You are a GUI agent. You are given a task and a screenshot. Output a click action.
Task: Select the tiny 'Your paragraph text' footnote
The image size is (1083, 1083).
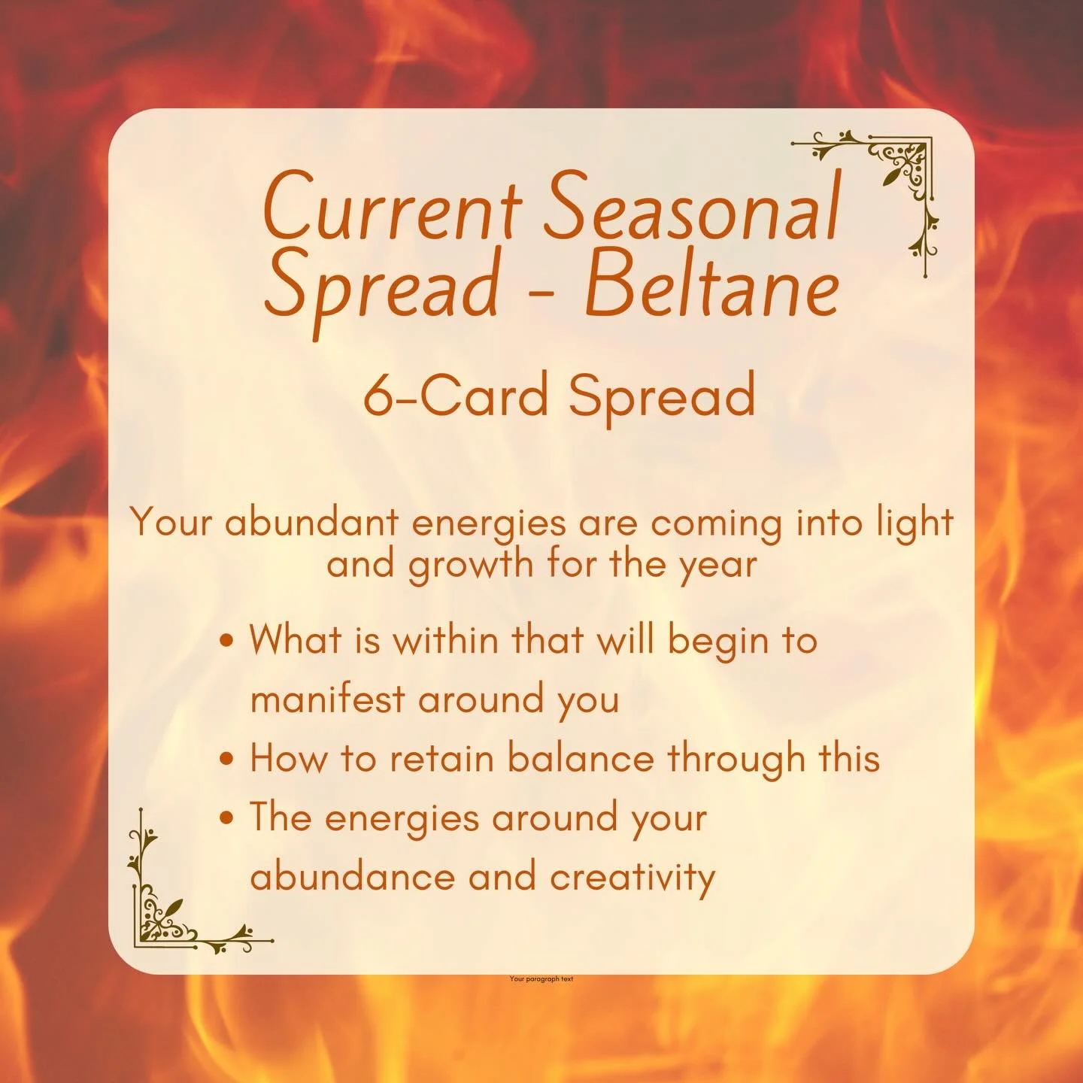(541, 978)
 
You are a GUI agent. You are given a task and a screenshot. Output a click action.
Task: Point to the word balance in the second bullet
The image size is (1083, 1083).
(581, 758)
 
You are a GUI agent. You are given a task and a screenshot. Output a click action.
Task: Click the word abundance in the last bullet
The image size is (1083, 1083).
(352, 877)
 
